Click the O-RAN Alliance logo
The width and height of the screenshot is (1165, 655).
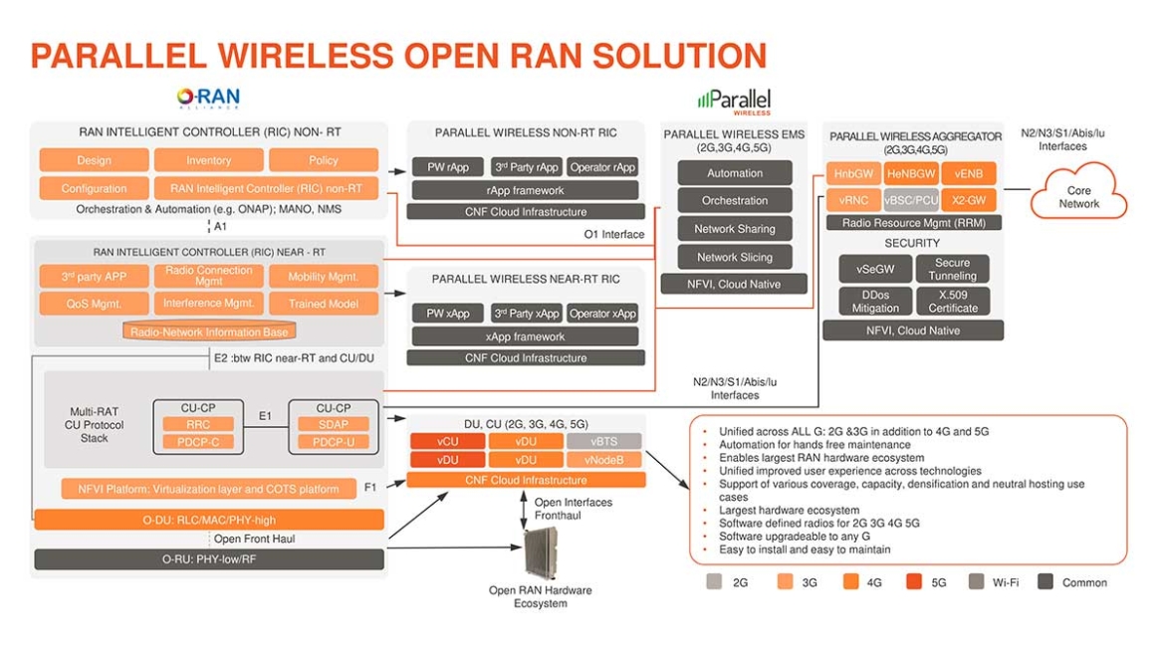tap(208, 98)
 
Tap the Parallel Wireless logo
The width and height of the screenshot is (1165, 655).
tap(734, 101)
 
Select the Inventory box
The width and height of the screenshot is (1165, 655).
tap(209, 160)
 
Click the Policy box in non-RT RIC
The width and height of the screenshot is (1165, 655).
tap(324, 160)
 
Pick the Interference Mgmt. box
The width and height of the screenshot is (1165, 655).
tap(209, 303)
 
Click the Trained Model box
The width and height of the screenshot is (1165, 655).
tap(323, 303)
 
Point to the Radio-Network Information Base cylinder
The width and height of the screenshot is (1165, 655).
tap(209, 331)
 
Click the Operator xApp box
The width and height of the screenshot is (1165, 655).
tap(602, 314)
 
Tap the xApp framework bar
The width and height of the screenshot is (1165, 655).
tap(525, 336)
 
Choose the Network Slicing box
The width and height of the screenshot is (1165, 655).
tap(735, 257)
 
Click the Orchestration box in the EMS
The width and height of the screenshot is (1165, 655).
tap(735, 200)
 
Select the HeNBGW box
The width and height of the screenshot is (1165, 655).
tap(910, 173)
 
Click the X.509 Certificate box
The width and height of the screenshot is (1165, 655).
tap(953, 302)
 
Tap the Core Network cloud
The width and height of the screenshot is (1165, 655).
tap(1079, 196)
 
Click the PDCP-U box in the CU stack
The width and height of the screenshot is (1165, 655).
tap(334, 442)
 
